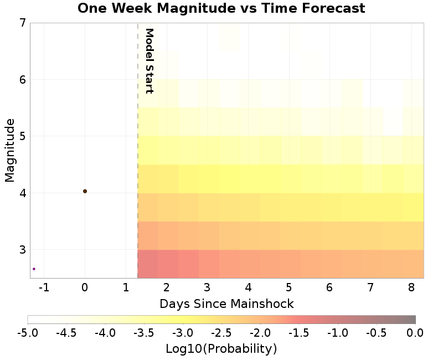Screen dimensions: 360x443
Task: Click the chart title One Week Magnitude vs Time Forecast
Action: click(x=221, y=8)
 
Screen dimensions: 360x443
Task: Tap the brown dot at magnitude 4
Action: click(x=85, y=191)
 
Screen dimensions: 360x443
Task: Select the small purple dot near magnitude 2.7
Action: click(x=34, y=269)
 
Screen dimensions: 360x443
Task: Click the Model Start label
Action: click(x=148, y=61)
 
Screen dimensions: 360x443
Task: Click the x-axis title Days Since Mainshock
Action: click(x=226, y=304)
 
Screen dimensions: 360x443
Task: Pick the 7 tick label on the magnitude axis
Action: click(x=22, y=23)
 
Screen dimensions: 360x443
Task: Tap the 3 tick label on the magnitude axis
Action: click(x=22, y=250)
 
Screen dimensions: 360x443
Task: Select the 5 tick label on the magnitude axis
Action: click(x=22, y=136)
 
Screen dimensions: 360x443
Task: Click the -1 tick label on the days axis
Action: click(x=44, y=287)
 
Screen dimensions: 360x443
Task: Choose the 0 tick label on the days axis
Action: click(x=85, y=287)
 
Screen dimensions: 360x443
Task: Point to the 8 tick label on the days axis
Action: click(x=410, y=287)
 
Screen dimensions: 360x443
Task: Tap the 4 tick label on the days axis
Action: click(x=248, y=287)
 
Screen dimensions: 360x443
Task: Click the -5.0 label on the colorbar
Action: click(x=28, y=333)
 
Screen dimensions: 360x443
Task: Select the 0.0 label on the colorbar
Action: click(x=415, y=333)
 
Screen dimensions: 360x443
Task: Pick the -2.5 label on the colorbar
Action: click(x=221, y=333)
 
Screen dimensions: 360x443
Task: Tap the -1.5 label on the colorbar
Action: click(x=299, y=333)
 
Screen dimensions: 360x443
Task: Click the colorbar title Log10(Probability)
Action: click(x=221, y=349)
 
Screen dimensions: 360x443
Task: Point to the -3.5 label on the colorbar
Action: click(x=144, y=333)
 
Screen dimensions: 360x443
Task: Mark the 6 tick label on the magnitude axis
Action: click(x=22, y=80)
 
